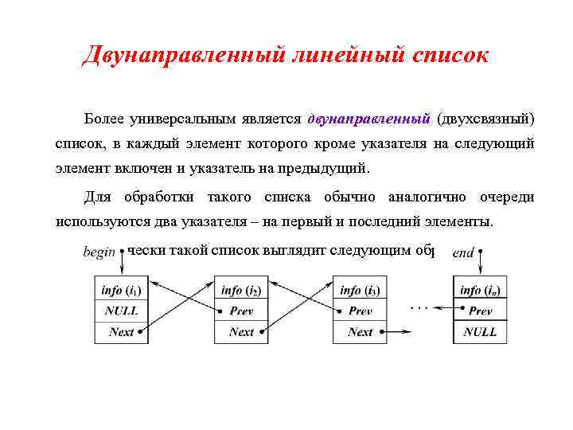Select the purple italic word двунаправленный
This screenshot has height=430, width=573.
pyautogui.click(x=368, y=119)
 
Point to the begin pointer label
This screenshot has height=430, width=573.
pyautogui.click(x=99, y=252)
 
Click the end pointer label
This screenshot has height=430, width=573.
pyautogui.click(x=463, y=252)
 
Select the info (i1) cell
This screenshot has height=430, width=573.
pyautogui.click(x=122, y=291)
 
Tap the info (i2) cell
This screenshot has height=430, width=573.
pyautogui.click(x=241, y=291)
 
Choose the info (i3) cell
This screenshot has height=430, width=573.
pyautogui.click(x=360, y=291)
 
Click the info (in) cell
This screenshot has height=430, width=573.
pyautogui.click(x=480, y=291)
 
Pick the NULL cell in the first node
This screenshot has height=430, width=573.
pyautogui.click(x=122, y=311)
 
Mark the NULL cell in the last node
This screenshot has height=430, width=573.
pyautogui.click(x=480, y=332)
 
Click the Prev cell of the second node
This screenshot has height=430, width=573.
pyautogui.click(x=241, y=311)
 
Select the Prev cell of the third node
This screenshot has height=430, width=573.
pyautogui.click(x=360, y=311)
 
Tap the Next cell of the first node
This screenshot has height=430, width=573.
pyautogui.click(x=122, y=332)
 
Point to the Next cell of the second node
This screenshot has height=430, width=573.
pyautogui.click(x=241, y=332)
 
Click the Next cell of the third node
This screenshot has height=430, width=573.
pyautogui.click(x=360, y=332)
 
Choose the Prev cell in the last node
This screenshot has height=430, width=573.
pyautogui.click(x=480, y=311)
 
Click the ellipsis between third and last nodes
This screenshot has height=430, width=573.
pyautogui.click(x=419, y=306)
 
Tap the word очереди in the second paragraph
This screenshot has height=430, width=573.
pyautogui.click(x=506, y=197)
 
